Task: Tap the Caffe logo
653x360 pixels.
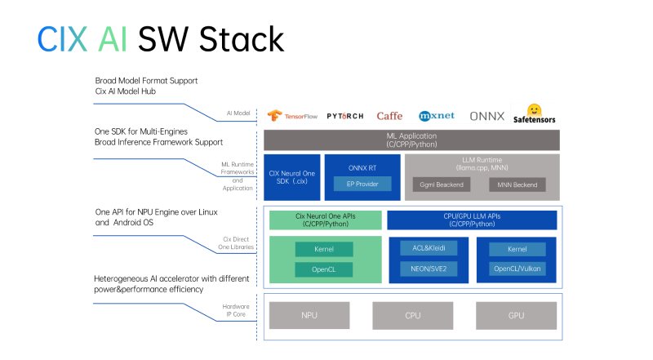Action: (389, 116)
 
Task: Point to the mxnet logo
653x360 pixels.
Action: (436, 116)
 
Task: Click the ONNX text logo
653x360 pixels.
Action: (486, 116)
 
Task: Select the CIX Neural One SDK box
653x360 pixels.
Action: (291, 177)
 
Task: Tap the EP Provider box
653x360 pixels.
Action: (362, 185)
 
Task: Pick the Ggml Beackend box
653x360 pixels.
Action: (441, 185)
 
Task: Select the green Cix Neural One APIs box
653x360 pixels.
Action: (326, 220)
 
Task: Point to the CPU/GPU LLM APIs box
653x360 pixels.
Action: (472, 220)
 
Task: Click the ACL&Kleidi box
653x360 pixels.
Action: (429, 248)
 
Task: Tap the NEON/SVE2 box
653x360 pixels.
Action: (429, 269)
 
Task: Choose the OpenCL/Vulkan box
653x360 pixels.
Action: (518, 269)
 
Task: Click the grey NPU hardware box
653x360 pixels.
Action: (309, 313)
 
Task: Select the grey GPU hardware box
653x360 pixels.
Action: (516, 313)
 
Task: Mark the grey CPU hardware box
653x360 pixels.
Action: (413, 313)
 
